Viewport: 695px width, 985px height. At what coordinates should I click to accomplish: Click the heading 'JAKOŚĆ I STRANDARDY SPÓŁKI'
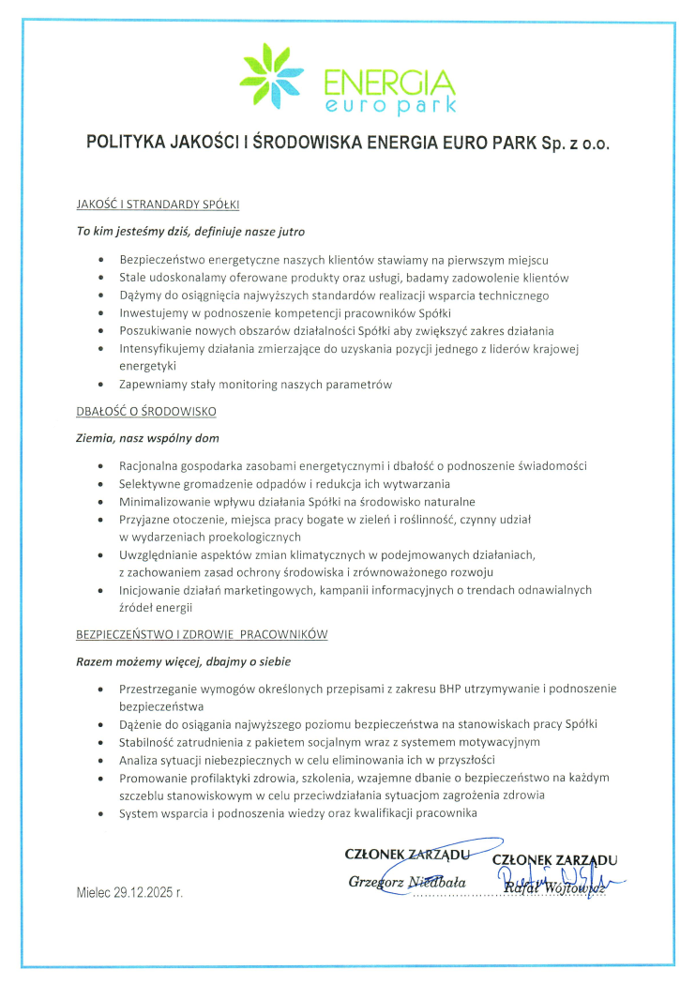(x=158, y=204)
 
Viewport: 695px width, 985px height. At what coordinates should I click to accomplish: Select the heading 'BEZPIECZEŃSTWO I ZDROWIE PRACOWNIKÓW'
(x=201, y=634)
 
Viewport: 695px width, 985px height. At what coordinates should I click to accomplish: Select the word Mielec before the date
(x=94, y=891)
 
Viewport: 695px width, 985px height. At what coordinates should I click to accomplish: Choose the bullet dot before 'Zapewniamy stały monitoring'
(x=100, y=385)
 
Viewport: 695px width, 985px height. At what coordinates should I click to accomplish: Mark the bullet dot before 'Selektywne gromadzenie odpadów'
(x=100, y=484)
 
